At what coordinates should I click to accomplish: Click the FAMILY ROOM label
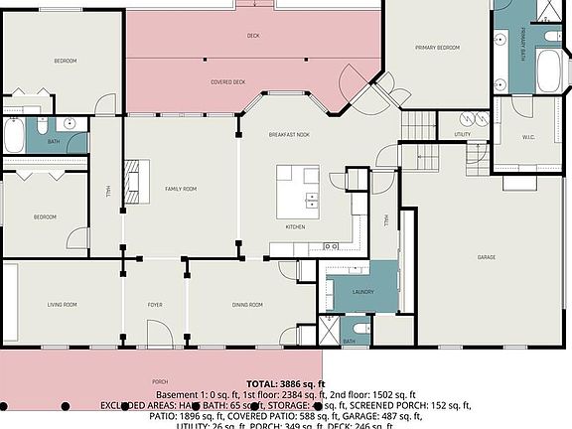[x=180, y=189]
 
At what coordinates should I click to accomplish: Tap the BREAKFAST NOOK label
[x=289, y=134]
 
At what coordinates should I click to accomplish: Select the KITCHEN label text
[x=295, y=227]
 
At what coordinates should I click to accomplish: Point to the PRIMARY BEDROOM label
[x=436, y=47]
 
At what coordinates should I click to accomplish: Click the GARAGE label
[x=486, y=257]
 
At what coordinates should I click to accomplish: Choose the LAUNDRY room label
[x=361, y=292]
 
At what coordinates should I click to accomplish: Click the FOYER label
[x=155, y=304]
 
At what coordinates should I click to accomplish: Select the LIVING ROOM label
[x=63, y=304]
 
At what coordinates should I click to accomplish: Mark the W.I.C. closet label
[x=528, y=138]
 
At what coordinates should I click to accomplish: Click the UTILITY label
[x=463, y=134]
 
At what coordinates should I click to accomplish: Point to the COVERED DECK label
[x=227, y=82]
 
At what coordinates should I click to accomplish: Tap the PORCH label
[x=160, y=381]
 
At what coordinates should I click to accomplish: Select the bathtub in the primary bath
[x=549, y=71]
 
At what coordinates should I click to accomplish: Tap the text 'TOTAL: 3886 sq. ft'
[x=285, y=383]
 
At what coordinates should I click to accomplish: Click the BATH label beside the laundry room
[x=350, y=341]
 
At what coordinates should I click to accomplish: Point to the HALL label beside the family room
[x=107, y=189]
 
